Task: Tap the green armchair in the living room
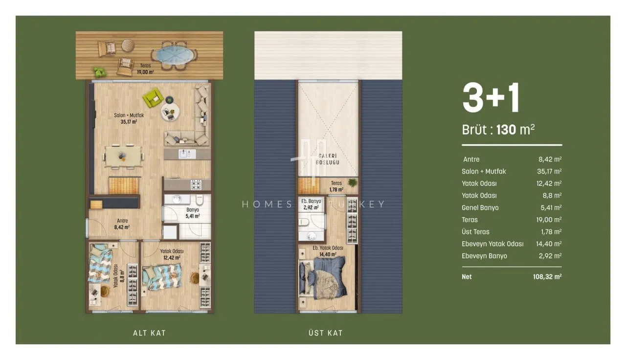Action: pyautogui.click(x=153, y=97)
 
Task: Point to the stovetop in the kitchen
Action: pyautogui.click(x=196, y=185)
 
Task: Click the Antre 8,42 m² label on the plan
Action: pyautogui.click(x=122, y=224)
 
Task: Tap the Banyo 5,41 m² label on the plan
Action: pyautogui.click(x=193, y=213)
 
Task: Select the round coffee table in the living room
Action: pyautogui.click(x=170, y=112)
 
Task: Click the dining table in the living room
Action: pyautogui.click(x=123, y=157)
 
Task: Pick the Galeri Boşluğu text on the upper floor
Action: pyautogui.click(x=328, y=159)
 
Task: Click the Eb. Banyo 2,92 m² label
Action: pyautogui.click(x=311, y=204)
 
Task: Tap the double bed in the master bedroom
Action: pyautogui.click(x=323, y=278)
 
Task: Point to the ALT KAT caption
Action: pyautogui.click(x=149, y=333)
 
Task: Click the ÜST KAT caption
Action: pyautogui.click(x=326, y=333)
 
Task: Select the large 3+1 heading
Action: pyautogui.click(x=491, y=97)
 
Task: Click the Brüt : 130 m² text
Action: pyautogui.click(x=498, y=130)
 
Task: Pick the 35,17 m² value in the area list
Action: pyautogui.click(x=549, y=171)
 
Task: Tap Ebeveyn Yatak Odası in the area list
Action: pyautogui.click(x=492, y=244)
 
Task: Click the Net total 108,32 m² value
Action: pyautogui.click(x=547, y=277)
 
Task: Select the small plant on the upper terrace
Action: pyautogui.click(x=353, y=182)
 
